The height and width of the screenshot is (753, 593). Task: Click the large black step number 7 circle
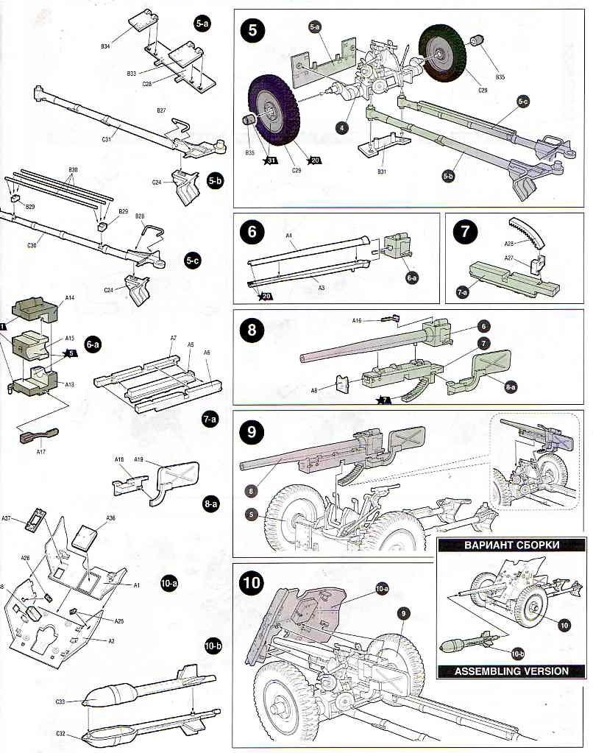pyautogui.click(x=465, y=230)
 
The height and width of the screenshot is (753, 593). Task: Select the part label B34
pyautogui.click(x=105, y=46)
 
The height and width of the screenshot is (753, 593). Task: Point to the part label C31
pyautogui.click(x=107, y=138)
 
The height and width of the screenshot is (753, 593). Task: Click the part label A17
pyautogui.click(x=41, y=452)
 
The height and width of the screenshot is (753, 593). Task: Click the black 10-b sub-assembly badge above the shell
pyautogui.click(x=213, y=646)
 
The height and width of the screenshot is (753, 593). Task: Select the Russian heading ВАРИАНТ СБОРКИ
pyautogui.click(x=513, y=545)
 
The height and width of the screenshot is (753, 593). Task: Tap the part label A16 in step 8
pyautogui.click(x=357, y=320)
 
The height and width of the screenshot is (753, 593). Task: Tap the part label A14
pyautogui.click(x=70, y=297)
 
